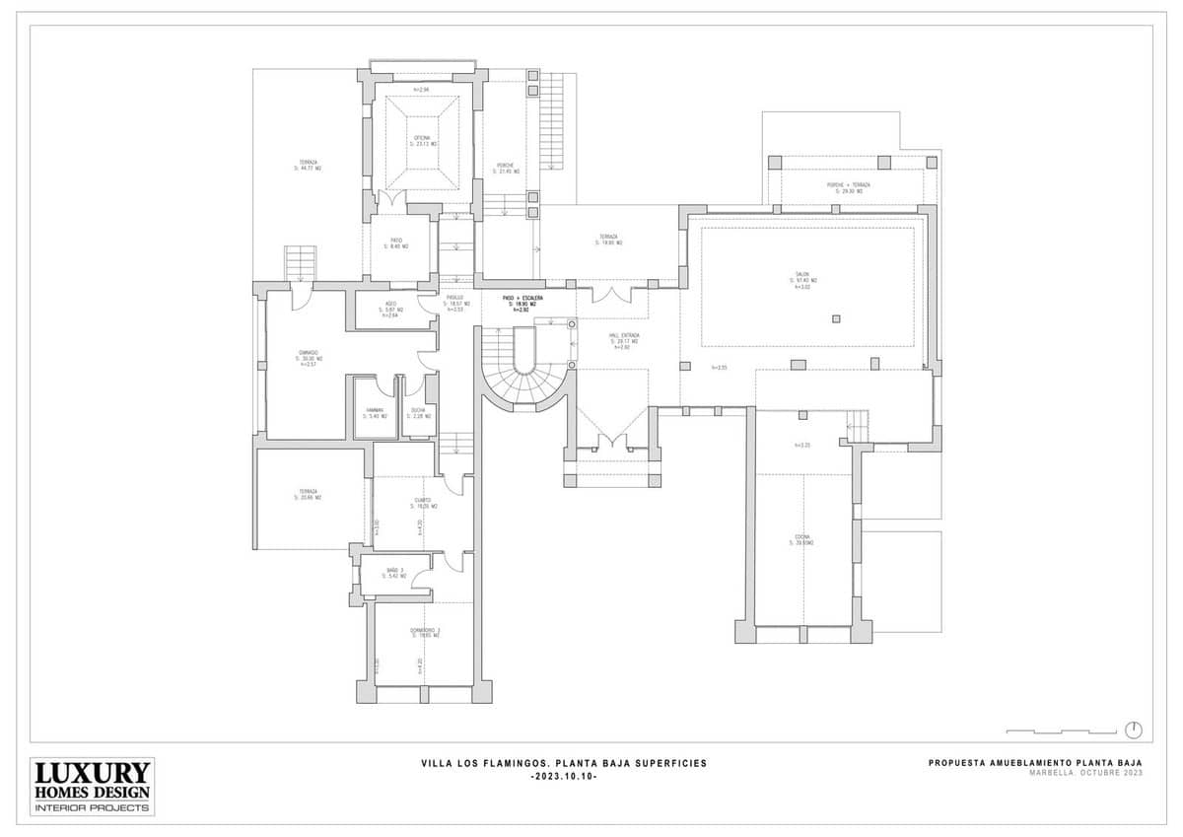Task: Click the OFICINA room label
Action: [x=422, y=138]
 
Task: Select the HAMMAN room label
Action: [x=375, y=410]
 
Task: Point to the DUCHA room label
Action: [x=418, y=410]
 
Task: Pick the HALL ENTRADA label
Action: [x=624, y=336]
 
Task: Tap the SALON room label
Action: [x=802, y=275]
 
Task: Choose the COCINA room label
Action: [x=802, y=538]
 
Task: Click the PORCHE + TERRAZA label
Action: [x=848, y=185]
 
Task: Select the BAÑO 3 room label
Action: [x=394, y=571]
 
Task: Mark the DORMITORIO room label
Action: [x=425, y=631]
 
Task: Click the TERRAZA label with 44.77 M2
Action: [x=309, y=164]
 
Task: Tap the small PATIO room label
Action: [x=396, y=241]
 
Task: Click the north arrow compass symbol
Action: [x=1134, y=730]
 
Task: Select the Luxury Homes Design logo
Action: [x=92, y=786]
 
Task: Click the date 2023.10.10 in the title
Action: [x=564, y=777]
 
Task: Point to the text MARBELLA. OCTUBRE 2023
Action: [x=1085, y=773]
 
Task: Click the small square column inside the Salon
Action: [x=836, y=318]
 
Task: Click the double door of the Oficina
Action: [x=392, y=198]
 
